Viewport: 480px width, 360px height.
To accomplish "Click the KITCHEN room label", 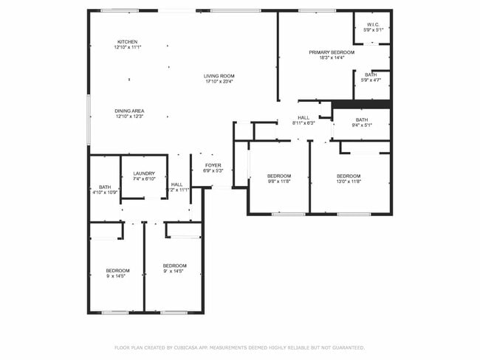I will click(x=127, y=41).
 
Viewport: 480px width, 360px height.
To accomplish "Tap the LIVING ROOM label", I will click(x=219, y=76).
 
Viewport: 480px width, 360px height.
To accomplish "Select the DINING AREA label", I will click(x=129, y=111).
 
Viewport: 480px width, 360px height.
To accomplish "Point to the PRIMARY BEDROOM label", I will click(x=332, y=52).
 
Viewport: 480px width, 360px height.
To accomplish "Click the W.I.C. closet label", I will click(x=373, y=24).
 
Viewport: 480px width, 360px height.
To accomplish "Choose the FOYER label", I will click(x=213, y=165).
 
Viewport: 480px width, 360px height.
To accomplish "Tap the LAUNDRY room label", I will click(x=144, y=173).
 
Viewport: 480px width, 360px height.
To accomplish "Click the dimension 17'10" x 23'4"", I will click(x=219, y=82).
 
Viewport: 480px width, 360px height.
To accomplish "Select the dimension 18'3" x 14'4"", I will click(x=332, y=58).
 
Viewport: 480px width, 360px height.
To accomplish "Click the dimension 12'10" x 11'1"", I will click(x=127, y=47).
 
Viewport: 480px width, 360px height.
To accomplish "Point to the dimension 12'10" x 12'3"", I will click(x=129, y=117).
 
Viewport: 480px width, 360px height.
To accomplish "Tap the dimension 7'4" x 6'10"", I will click(x=144, y=179).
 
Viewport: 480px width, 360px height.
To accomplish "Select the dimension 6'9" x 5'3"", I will click(x=213, y=171).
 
